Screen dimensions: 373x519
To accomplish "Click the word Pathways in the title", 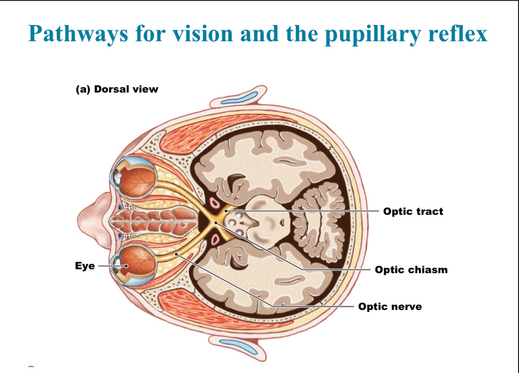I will [x=78, y=34].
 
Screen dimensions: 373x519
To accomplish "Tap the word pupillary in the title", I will [x=373, y=34].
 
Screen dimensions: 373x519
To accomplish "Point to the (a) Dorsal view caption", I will [x=117, y=89].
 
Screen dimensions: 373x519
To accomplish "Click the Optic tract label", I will [x=413, y=211].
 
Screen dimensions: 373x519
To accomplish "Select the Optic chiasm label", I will [x=411, y=270].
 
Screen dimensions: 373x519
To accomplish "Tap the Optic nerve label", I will [x=390, y=307].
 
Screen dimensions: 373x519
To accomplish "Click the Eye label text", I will [x=85, y=266].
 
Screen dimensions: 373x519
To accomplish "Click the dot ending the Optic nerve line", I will [x=177, y=254].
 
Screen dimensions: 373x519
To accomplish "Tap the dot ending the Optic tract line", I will [x=226, y=211].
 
